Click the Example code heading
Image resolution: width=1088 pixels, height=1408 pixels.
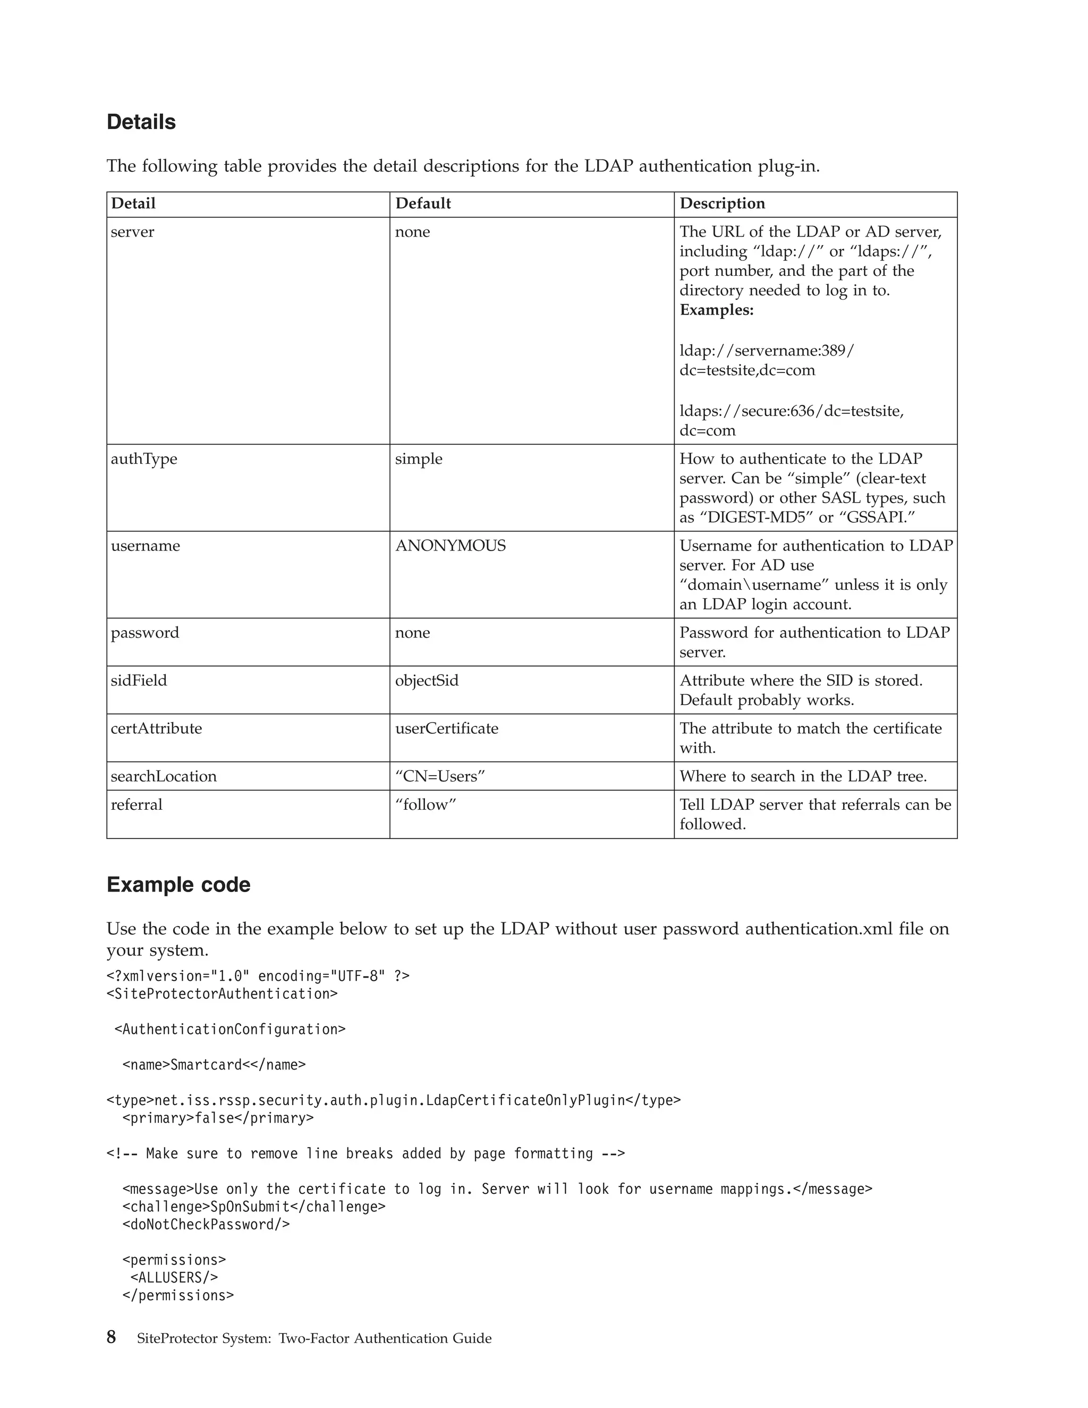(178, 885)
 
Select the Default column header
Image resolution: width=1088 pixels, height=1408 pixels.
(423, 203)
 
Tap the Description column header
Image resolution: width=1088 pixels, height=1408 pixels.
(722, 203)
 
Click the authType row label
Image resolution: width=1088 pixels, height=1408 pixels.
(144, 459)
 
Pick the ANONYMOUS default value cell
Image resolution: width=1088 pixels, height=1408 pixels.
(450, 546)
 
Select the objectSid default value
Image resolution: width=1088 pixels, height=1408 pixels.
(427, 681)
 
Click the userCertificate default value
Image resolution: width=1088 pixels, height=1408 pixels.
(446, 728)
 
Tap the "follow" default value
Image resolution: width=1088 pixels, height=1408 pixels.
(426, 804)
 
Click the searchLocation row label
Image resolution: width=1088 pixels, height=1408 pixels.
(164, 776)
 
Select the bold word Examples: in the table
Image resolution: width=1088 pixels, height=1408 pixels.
(716, 310)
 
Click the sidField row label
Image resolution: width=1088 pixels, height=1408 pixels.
(139, 681)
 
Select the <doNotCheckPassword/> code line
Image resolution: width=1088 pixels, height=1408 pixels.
(206, 1224)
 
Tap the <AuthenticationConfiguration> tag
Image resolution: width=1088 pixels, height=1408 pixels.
(229, 1029)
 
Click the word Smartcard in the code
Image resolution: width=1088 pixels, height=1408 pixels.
(206, 1064)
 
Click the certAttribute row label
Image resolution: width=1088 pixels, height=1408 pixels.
(156, 728)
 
